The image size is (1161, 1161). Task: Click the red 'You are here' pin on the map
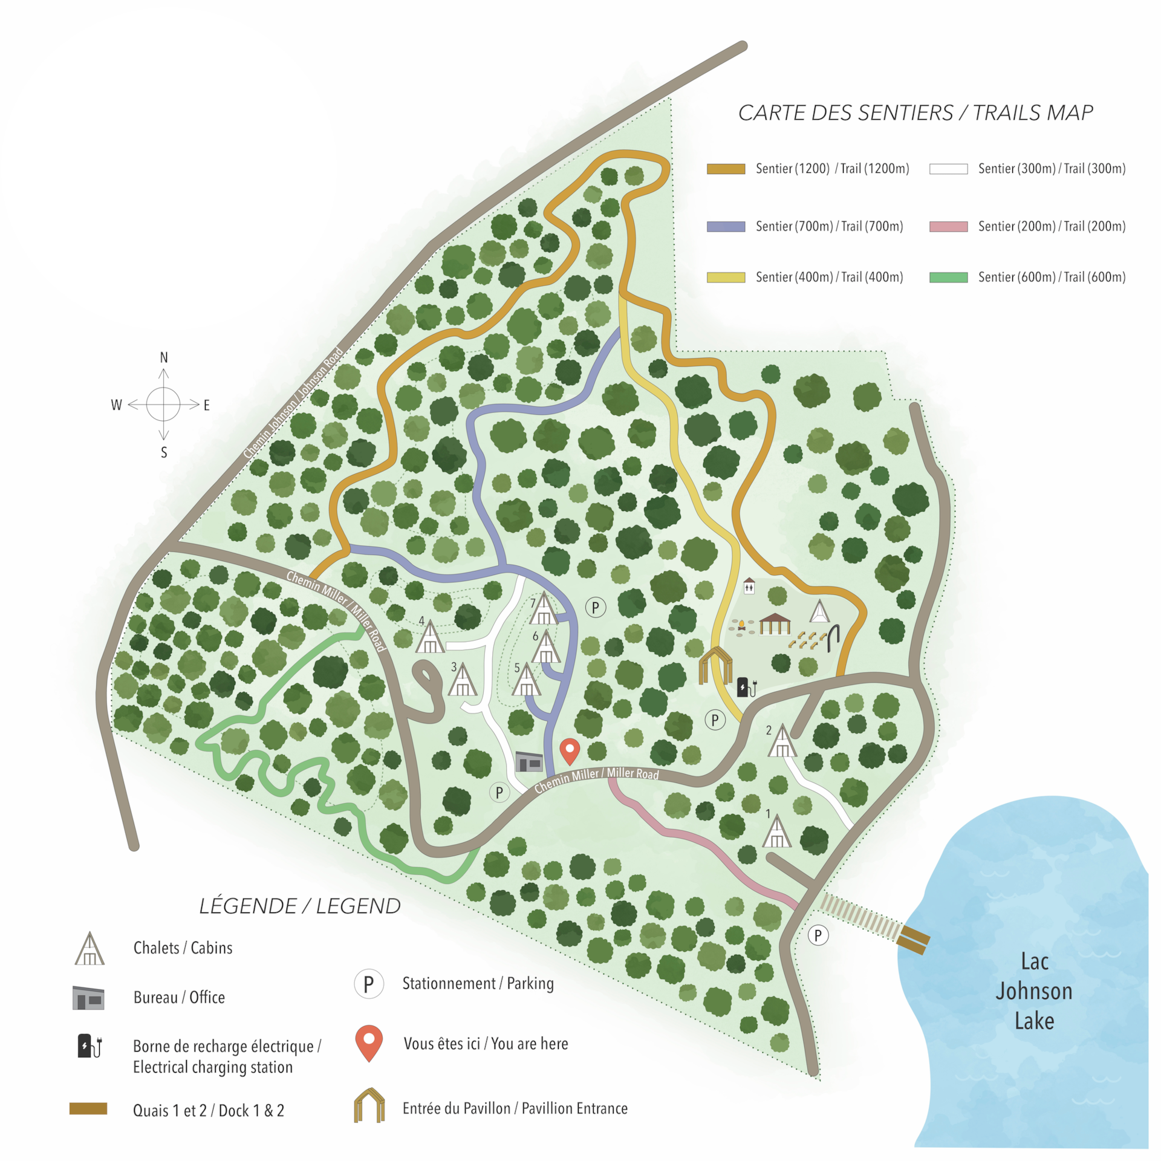tap(570, 750)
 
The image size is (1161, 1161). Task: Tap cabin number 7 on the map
tap(544, 610)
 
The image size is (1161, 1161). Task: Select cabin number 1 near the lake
tap(776, 833)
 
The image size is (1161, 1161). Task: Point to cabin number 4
tap(430, 638)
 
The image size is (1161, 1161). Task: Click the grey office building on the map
tap(529, 762)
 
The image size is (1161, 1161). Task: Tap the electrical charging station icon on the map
tap(746, 687)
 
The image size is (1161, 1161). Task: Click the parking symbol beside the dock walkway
tap(818, 935)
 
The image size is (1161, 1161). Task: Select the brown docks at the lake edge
tap(914, 939)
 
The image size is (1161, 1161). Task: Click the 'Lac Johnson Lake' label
tap(1034, 991)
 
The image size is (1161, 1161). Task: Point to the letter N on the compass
tap(163, 358)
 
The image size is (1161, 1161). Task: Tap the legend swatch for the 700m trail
tap(726, 227)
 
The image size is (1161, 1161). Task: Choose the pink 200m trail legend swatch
tap(948, 227)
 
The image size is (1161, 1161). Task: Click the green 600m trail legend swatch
tap(948, 278)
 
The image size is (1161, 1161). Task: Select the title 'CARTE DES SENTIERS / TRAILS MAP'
tap(915, 113)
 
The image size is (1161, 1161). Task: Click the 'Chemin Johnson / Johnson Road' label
tap(293, 403)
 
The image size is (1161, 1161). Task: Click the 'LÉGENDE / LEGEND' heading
tap(299, 906)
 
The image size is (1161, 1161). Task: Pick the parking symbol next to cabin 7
tap(595, 607)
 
